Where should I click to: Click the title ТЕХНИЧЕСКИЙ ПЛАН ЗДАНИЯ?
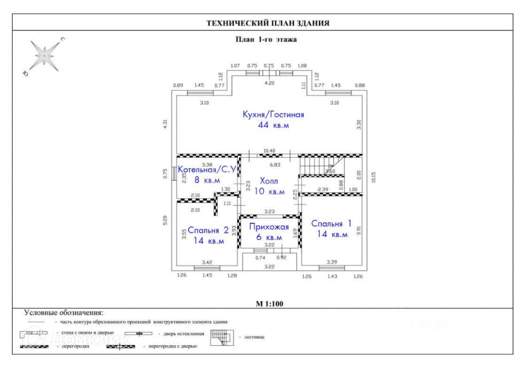click(x=268, y=23)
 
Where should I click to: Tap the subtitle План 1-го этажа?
click(x=266, y=40)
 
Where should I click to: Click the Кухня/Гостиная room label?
click(x=273, y=114)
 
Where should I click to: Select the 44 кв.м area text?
click(x=273, y=125)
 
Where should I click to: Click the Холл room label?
click(x=269, y=181)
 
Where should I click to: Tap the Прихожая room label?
click(x=269, y=227)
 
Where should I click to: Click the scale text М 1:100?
click(x=269, y=304)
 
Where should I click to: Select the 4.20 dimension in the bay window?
click(x=268, y=83)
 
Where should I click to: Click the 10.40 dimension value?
click(x=269, y=151)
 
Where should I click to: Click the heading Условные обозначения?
click(x=63, y=313)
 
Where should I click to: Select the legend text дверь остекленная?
click(x=184, y=334)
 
